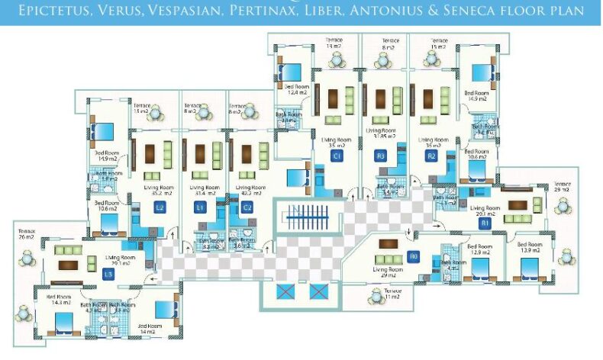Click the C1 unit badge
click(336, 156)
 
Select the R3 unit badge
click(381, 156)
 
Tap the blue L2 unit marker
click(160, 207)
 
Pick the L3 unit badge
click(108, 274)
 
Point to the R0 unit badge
click(414, 256)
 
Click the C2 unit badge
click(247, 207)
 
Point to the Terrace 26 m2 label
click(27, 233)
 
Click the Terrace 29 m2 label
click(562, 186)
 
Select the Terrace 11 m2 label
click(392, 294)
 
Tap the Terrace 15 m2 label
click(438, 43)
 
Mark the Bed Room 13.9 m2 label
click(530, 249)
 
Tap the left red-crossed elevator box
click(286, 291)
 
